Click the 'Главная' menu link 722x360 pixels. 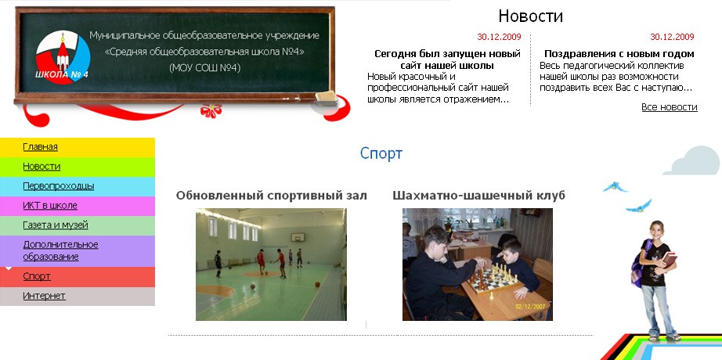[x=40, y=147]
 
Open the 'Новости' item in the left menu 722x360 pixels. [x=42, y=166]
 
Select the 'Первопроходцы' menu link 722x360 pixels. [x=59, y=186]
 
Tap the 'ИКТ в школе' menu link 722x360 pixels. [x=50, y=205]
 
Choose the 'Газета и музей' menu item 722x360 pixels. [x=56, y=225]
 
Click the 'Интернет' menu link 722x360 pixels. [x=44, y=296]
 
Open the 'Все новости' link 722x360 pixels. [x=669, y=107]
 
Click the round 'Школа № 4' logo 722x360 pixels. [x=63, y=57]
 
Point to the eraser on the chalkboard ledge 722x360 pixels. [x=326, y=98]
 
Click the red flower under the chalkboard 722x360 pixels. [x=211, y=110]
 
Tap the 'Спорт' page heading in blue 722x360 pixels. [x=381, y=153]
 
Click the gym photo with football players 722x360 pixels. [x=271, y=265]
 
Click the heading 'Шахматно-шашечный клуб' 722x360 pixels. [x=478, y=195]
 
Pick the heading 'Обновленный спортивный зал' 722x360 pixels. [x=271, y=195]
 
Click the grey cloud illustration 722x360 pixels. [x=692, y=160]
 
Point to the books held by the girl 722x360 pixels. [x=669, y=260]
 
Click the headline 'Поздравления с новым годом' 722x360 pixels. [x=619, y=54]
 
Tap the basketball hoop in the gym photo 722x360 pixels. [x=297, y=238]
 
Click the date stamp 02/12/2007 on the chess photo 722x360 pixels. [x=531, y=306]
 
